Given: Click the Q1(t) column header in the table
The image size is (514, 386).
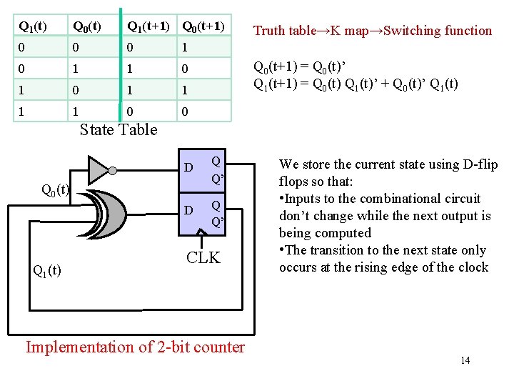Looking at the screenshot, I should (x=32, y=27).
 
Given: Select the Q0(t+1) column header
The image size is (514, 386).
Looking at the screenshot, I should (x=203, y=27).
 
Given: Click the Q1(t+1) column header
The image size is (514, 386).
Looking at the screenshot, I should (x=148, y=27).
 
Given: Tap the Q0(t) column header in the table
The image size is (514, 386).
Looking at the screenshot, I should (x=86, y=27).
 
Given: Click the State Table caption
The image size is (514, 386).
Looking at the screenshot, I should (x=119, y=129).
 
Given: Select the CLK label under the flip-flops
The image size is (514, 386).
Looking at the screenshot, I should (x=203, y=257).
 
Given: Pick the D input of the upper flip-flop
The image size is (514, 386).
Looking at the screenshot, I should (x=188, y=168).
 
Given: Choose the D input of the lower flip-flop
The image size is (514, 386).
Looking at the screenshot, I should (x=188, y=211).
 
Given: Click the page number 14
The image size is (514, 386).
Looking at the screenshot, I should (x=465, y=360).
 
